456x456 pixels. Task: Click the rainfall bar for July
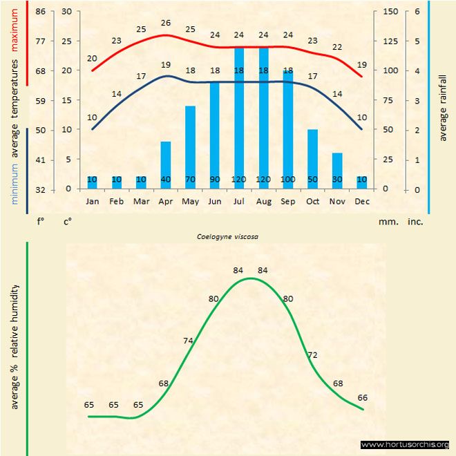pos(239,117)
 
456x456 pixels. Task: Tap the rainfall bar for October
pos(312,159)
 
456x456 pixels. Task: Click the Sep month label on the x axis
pos(288,201)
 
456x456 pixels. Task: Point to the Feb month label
pos(117,201)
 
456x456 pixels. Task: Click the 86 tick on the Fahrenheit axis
pos(41,12)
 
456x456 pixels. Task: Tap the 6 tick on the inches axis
pos(417,12)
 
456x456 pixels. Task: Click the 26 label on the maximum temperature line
pos(166,23)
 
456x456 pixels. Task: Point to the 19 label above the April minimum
pos(166,65)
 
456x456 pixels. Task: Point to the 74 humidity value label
pos(189,341)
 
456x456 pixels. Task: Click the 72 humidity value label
pos(312,354)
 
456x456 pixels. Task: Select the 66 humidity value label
pos(362,397)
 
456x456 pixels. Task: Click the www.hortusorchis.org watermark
pos(406,444)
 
